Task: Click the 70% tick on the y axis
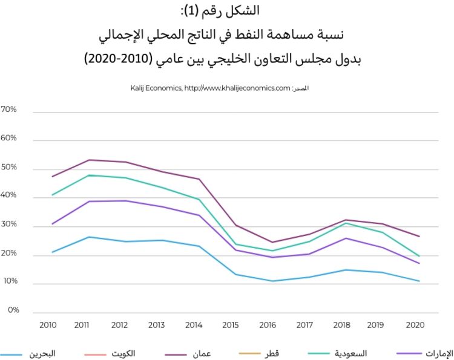9,110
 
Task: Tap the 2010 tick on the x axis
48,325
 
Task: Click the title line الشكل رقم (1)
226,11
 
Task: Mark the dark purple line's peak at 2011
90,160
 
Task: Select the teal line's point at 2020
419,256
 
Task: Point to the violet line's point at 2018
345,238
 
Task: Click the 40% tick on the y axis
9,196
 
